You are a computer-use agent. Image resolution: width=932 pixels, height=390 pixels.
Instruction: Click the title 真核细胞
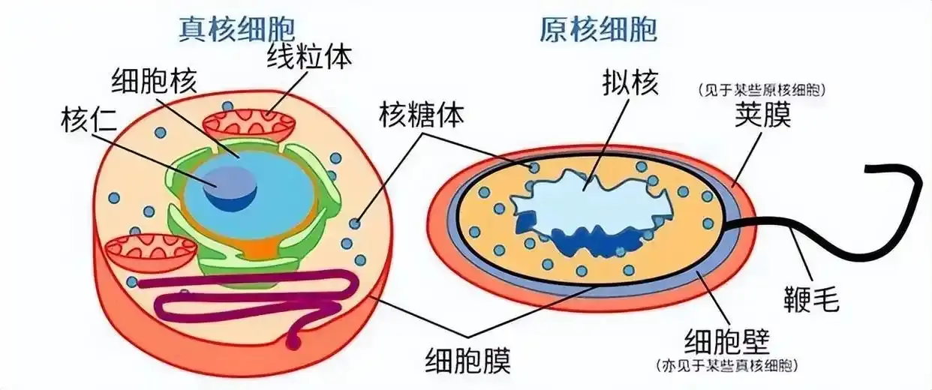(236, 28)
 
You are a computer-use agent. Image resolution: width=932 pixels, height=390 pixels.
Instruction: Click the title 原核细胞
(598, 29)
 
